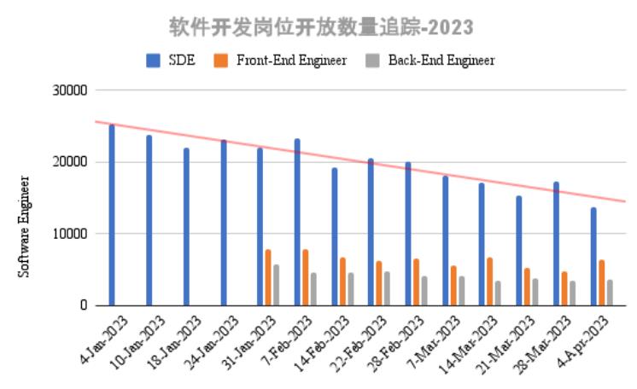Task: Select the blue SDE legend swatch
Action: coord(154,60)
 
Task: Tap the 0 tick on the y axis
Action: coord(83,305)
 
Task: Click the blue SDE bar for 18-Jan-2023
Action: coord(186,227)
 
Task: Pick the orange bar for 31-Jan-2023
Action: coord(268,277)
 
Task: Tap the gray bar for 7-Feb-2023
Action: coord(313,288)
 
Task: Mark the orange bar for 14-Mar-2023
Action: coord(489,282)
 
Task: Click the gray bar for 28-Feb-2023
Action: coord(424,290)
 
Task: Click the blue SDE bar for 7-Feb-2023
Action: coord(297,222)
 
